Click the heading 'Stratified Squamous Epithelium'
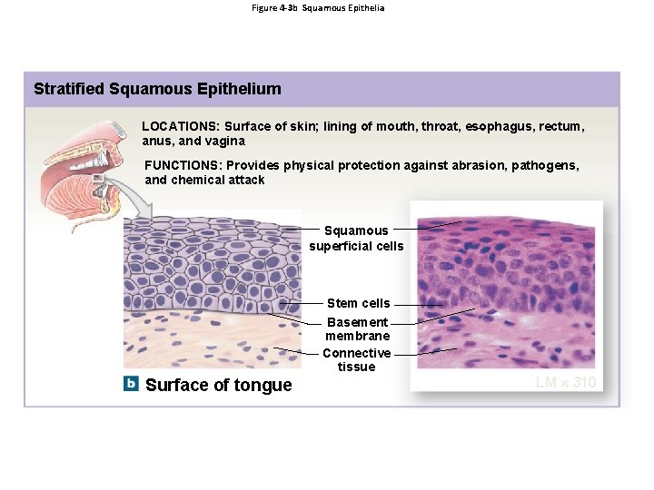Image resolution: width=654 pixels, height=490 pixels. click(157, 89)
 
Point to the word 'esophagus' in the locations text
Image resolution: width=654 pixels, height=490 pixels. click(495, 127)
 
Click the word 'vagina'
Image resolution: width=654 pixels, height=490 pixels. click(225, 142)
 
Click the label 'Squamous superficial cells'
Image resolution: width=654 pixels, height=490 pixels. click(356, 238)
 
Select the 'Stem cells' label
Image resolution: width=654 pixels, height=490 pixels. click(358, 303)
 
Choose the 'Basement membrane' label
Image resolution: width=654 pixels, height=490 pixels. click(357, 328)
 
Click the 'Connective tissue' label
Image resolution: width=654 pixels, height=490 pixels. click(356, 359)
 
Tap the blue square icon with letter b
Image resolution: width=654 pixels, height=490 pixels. click(132, 384)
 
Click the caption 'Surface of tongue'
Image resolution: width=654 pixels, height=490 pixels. click(219, 385)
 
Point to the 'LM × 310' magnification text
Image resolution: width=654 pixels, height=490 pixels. click(566, 382)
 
